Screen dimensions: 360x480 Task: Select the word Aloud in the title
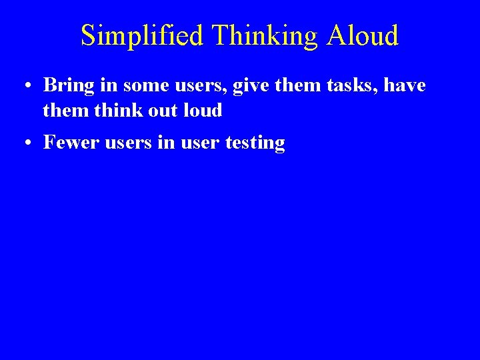(x=363, y=36)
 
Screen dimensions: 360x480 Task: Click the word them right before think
(x=65, y=110)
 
